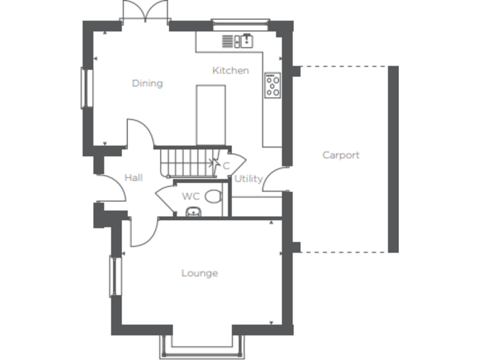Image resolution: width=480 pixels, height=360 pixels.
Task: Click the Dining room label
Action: click(147, 83)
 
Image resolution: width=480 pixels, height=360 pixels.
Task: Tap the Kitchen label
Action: click(230, 71)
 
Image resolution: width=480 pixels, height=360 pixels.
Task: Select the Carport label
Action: click(341, 155)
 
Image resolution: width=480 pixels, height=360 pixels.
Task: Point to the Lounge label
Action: click(199, 273)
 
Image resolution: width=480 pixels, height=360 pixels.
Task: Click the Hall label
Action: click(133, 178)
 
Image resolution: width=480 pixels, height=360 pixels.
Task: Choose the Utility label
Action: click(248, 179)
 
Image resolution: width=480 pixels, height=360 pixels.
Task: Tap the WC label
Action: click(190, 196)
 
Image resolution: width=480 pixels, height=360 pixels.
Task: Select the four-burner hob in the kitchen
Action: click(272, 86)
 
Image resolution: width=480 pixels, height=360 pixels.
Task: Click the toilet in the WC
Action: click(213, 196)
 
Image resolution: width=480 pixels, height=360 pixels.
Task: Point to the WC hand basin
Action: click(194, 212)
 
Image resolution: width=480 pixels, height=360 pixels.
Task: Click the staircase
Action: click(187, 161)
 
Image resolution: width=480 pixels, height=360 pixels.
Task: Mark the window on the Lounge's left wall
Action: click(114, 276)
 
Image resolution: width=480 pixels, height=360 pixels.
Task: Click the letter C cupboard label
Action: click(226, 166)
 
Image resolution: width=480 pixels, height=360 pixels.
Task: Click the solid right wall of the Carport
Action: click(393, 159)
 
